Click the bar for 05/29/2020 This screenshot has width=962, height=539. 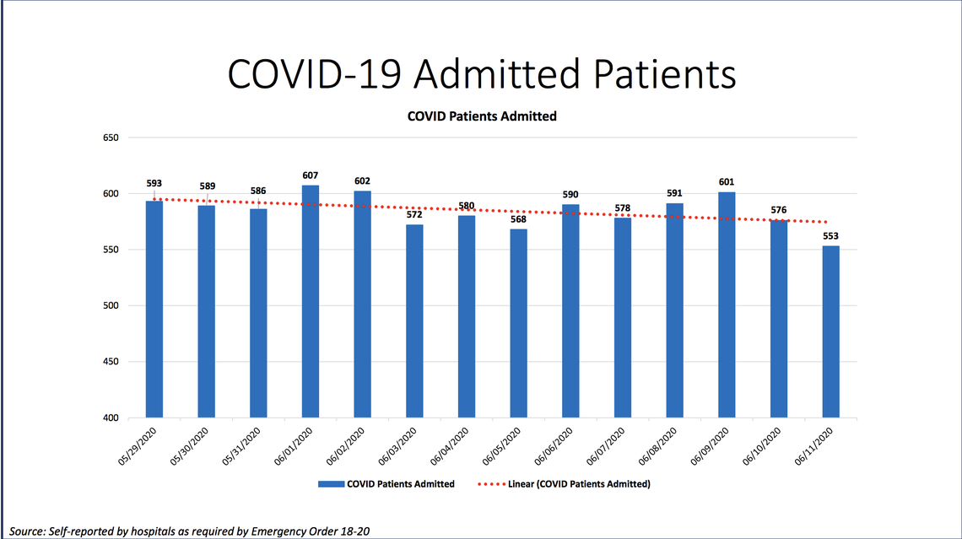[154, 309]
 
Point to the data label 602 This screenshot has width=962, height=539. [362, 181]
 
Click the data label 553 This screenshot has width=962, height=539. [830, 236]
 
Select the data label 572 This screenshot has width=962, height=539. [414, 214]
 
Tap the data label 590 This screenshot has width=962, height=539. [570, 195]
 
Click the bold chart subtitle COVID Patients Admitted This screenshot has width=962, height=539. [482, 116]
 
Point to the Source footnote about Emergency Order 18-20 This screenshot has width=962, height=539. [190, 531]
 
